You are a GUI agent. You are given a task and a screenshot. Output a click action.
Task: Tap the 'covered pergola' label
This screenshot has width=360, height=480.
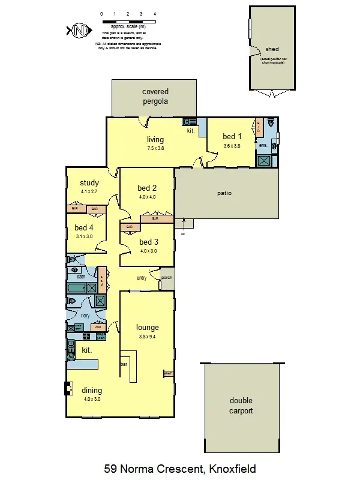155,97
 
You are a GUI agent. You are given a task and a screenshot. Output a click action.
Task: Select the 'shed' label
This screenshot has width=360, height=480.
272,49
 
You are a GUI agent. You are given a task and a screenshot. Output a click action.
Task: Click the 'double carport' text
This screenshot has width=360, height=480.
241,406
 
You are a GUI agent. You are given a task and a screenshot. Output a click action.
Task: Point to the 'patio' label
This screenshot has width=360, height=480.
224,193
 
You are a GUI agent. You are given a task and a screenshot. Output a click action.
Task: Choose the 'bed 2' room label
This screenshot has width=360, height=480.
147,188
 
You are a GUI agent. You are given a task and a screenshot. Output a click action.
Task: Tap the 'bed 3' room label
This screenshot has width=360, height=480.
148,242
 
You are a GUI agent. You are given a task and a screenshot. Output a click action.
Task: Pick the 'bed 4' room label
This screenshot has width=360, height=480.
84,228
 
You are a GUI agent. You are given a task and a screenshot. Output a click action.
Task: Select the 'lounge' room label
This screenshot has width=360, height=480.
147,328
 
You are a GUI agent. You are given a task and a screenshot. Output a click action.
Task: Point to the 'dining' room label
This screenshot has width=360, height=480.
92,391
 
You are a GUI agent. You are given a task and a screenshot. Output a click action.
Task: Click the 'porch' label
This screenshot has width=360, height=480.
167,278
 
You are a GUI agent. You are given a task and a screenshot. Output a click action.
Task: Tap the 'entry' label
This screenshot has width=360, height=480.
142,278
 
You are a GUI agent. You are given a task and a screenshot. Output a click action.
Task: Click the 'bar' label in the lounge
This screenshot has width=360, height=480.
124,364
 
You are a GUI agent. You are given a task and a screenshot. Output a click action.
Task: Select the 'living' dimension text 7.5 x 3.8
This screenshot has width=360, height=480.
155,148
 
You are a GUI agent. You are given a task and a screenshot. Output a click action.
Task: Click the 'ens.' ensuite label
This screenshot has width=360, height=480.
263,146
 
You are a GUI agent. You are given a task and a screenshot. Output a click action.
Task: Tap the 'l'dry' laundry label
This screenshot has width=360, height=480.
86,316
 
